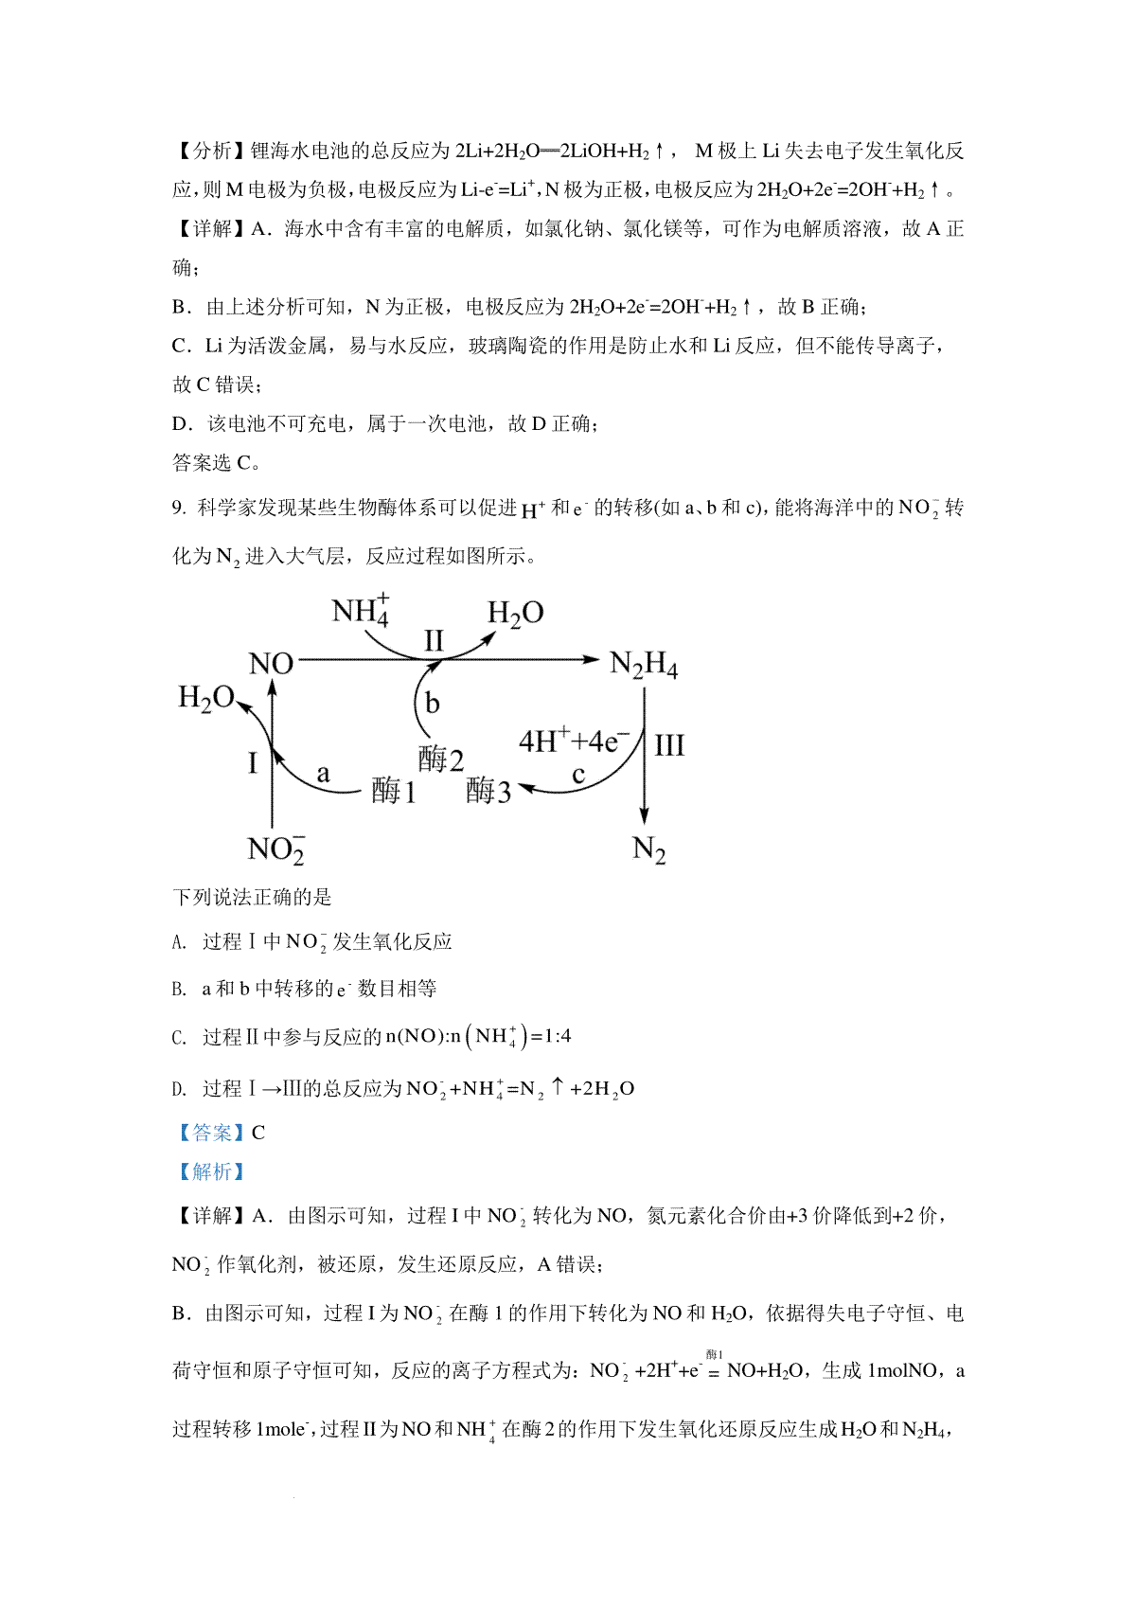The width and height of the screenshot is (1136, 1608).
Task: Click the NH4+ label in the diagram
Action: click(361, 610)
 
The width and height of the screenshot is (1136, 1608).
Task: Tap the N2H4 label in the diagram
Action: click(644, 665)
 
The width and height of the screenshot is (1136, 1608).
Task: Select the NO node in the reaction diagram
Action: click(271, 664)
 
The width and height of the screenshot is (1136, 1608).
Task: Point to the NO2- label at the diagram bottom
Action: click(275, 849)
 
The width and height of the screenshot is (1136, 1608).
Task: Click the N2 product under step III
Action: click(648, 849)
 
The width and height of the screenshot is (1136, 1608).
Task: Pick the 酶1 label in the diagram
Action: click(393, 790)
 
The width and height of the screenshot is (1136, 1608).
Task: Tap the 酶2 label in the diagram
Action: click(441, 759)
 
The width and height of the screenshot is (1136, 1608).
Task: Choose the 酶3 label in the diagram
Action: click(488, 790)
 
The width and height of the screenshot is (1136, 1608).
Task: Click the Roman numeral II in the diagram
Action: click(434, 641)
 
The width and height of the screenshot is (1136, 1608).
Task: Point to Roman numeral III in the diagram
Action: click(669, 745)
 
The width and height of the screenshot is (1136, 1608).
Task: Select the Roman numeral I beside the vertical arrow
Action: click(253, 762)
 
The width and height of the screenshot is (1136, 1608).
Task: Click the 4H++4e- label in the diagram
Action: click(575, 741)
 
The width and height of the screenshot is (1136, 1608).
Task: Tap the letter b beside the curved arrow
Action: click(432, 703)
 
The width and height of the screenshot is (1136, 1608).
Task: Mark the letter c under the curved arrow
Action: click(578, 776)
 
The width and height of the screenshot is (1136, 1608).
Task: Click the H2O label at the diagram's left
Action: click(206, 699)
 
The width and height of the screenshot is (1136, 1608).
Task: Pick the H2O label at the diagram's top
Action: click(515, 614)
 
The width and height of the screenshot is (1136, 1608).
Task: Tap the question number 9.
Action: click(178, 509)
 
